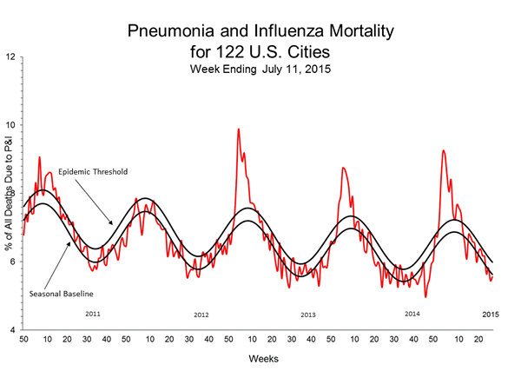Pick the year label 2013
pos(307,315)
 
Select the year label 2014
pos(413,312)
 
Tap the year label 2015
pos(491,313)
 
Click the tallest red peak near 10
pos(239,130)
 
